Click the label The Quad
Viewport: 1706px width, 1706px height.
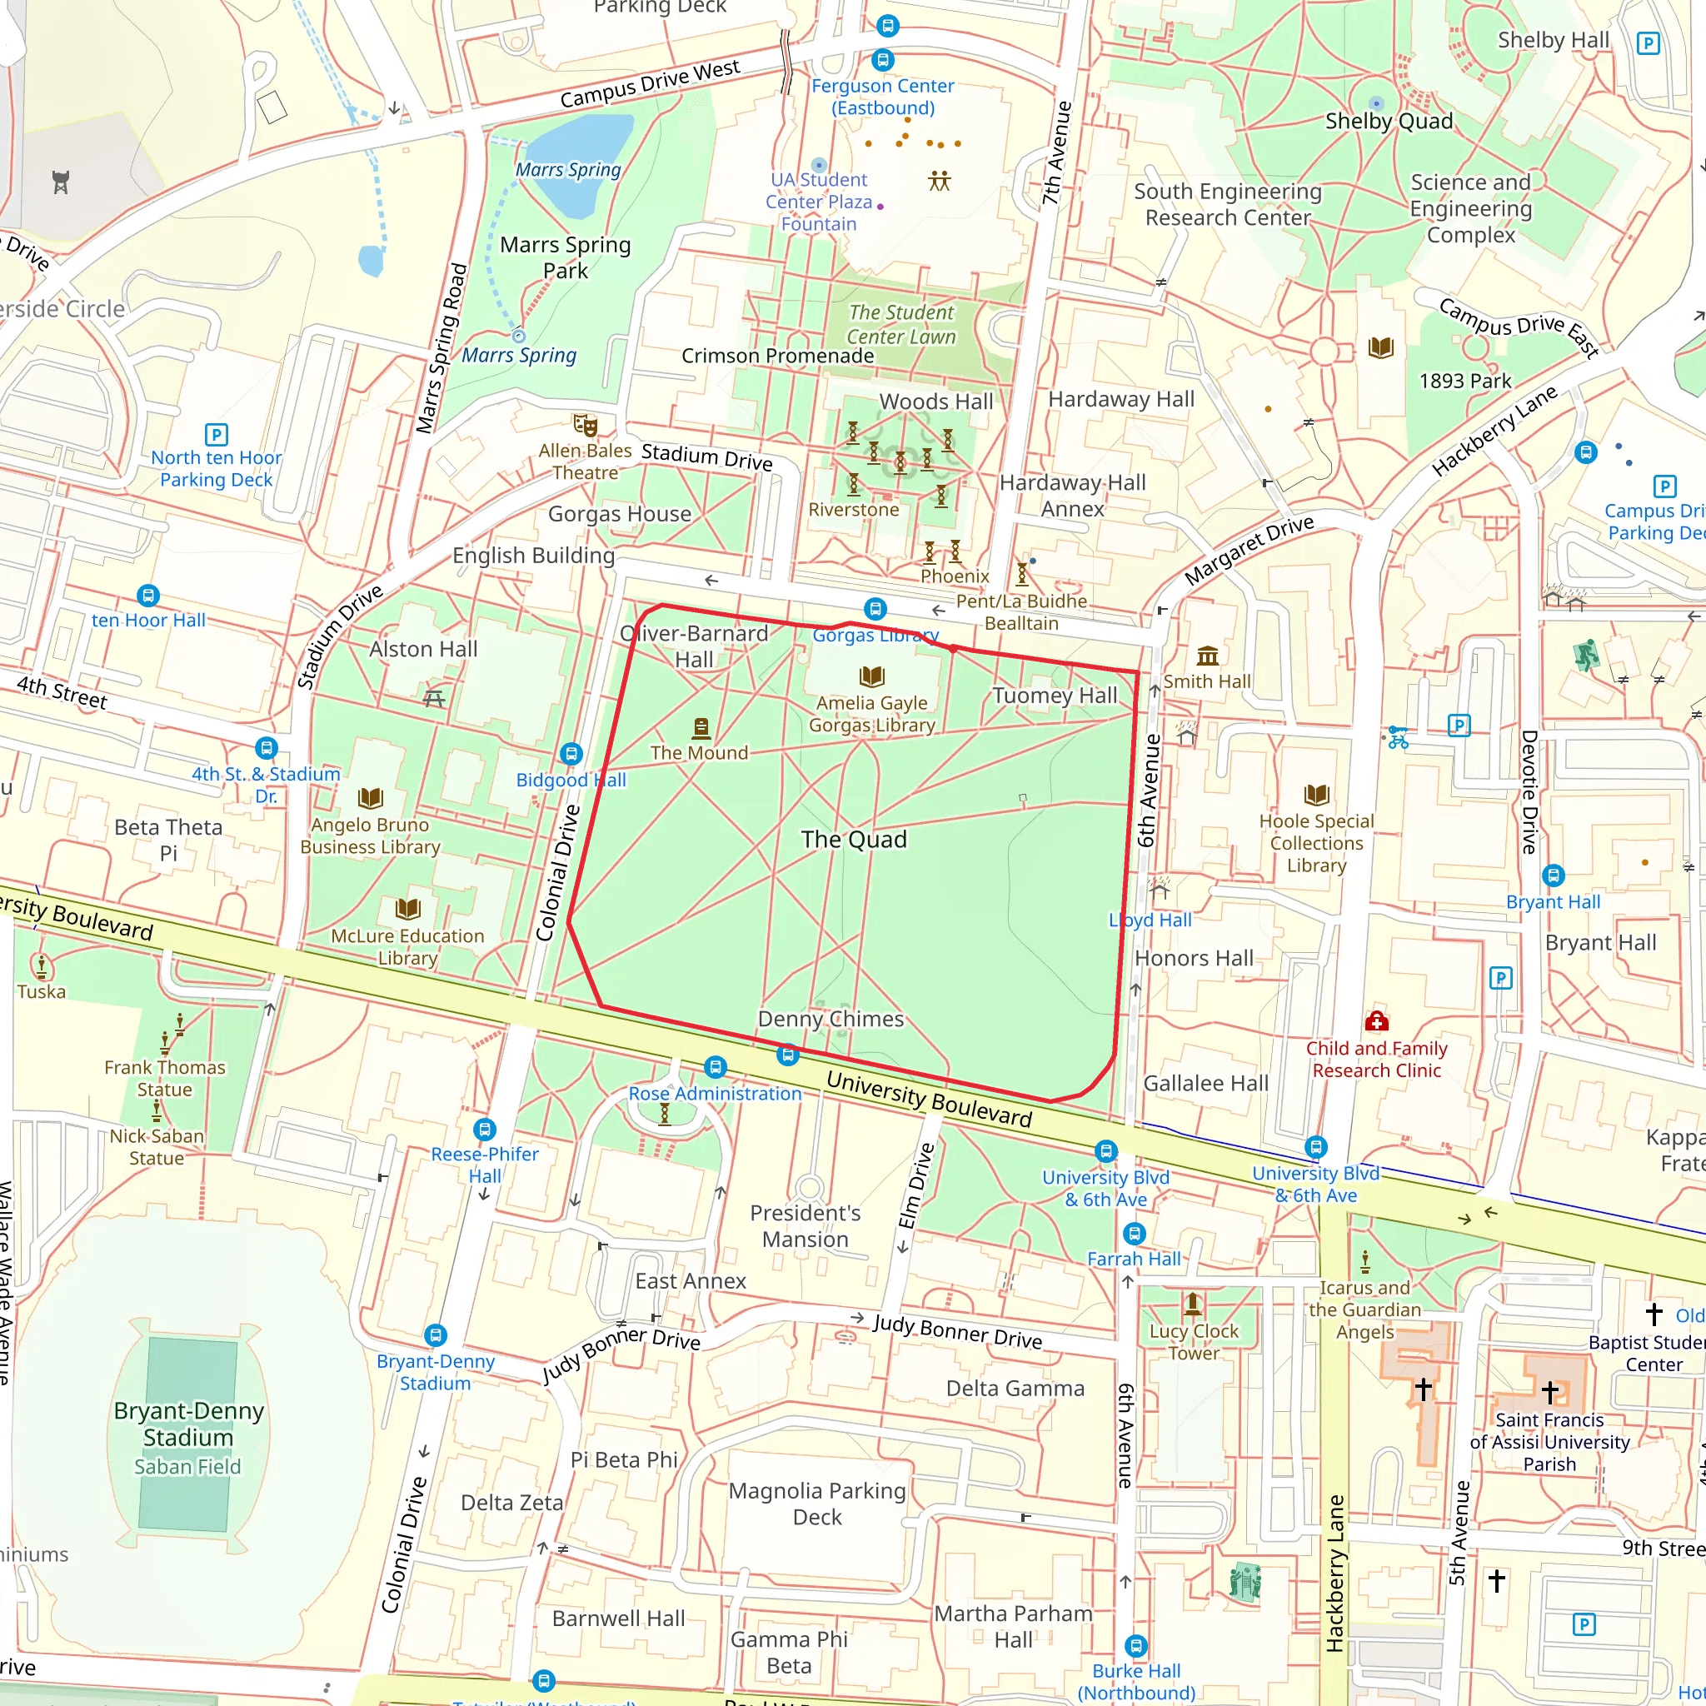point(853,839)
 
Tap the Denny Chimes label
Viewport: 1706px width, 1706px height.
point(830,1018)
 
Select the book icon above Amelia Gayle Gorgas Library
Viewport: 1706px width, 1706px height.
point(871,676)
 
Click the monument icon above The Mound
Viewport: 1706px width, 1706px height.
point(701,727)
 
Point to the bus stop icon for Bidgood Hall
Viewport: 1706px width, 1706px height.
point(571,754)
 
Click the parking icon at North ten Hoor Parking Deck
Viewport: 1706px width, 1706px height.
point(217,435)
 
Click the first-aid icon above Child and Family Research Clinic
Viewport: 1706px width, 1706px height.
point(1377,1021)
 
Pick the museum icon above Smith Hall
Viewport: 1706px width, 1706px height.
point(1207,656)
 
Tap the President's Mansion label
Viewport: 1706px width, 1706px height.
point(805,1225)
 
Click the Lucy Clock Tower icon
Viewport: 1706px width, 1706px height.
point(1193,1304)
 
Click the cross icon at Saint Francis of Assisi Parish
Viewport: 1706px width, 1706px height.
point(1549,1393)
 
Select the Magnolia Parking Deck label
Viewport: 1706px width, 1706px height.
point(817,1503)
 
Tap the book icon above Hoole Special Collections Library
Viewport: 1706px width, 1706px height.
point(1315,795)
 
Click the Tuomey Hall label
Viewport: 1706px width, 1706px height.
point(1055,695)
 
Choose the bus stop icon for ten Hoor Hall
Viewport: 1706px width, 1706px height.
point(148,595)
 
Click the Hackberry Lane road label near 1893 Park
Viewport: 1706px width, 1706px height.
point(1494,432)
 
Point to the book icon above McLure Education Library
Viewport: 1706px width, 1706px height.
point(407,909)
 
